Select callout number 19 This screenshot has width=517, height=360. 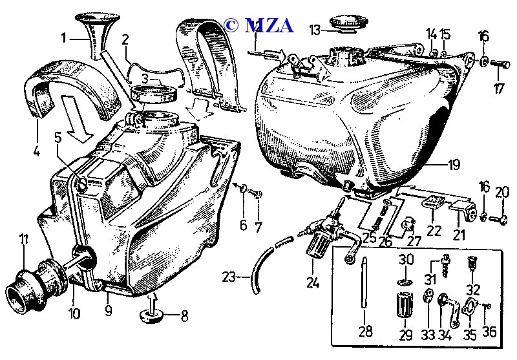[454, 164]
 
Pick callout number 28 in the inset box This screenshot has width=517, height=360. [366, 332]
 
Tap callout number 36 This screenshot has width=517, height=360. [489, 332]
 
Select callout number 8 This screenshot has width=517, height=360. [184, 317]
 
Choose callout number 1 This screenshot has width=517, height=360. [64, 37]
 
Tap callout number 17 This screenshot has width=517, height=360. [499, 89]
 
